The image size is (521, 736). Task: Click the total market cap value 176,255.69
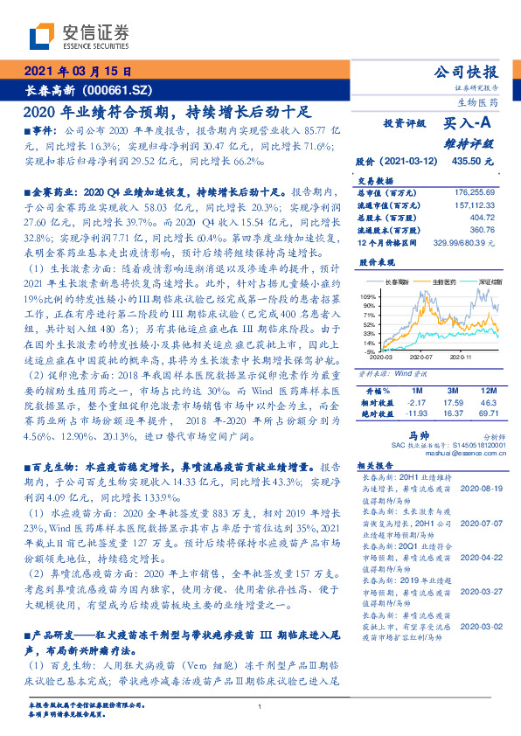(x=473, y=191)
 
